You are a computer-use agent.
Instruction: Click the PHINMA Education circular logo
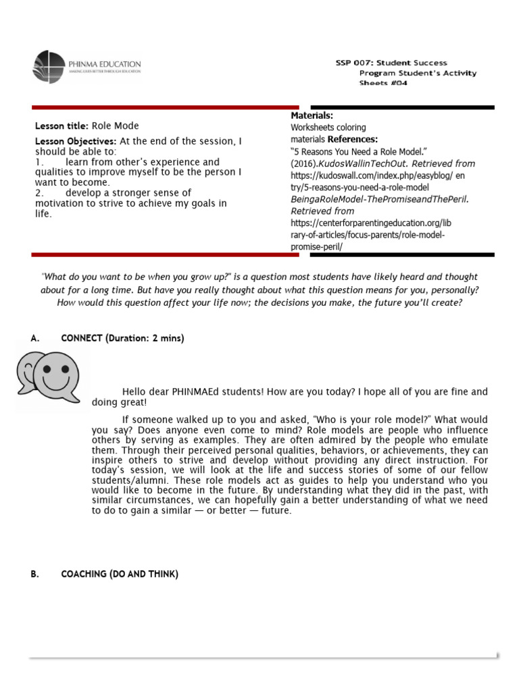(49, 67)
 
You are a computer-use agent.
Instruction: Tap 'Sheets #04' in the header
(383, 83)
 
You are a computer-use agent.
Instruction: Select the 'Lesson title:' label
(61, 126)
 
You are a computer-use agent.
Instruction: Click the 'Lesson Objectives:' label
(76, 141)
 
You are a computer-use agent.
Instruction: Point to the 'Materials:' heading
(312, 116)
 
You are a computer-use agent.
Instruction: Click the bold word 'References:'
(353, 139)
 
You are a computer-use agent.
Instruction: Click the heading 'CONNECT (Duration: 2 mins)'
(122, 338)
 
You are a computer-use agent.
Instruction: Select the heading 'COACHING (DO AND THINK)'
(120, 574)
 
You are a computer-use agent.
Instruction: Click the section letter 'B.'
(35, 574)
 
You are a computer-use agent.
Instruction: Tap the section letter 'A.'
(35, 338)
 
